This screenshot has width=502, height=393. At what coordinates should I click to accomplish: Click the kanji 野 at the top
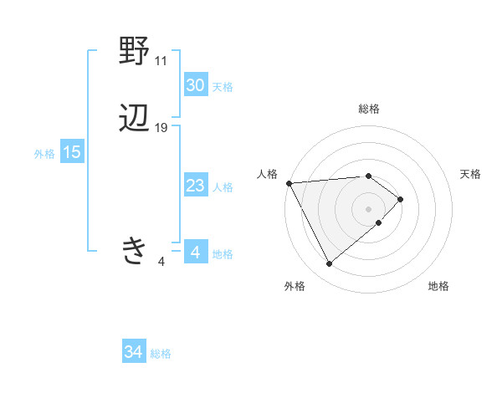click(135, 52)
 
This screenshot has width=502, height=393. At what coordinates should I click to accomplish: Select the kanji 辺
click(135, 119)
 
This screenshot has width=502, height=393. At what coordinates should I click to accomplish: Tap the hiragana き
click(135, 251)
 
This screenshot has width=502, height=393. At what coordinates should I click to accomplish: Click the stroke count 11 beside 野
click(161, 61)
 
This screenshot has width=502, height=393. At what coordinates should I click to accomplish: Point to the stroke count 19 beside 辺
click(161, 128)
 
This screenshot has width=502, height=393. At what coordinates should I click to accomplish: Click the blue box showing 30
click(195, 85)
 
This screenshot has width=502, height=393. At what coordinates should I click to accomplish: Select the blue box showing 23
click(195, 186)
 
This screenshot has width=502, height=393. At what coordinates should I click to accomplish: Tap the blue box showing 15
click(71, 152)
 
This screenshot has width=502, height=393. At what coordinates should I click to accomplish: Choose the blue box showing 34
click(133, 353)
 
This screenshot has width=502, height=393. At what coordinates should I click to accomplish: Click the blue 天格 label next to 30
click(223, 87)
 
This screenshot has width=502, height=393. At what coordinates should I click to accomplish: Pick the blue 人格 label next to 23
click(223, 187)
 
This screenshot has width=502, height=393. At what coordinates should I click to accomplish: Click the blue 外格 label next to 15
click(44, 154)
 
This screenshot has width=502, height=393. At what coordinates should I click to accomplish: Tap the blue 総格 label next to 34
click(161, 355)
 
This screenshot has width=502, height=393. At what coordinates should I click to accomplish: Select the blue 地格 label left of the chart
click(223, 254)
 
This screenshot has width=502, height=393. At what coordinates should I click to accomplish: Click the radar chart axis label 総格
click(369, 109)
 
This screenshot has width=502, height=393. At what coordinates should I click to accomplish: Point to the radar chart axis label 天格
click(470, 174)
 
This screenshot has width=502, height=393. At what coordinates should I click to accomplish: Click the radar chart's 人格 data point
click(289, 182)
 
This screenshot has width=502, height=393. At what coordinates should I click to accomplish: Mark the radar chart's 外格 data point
click(329, 264)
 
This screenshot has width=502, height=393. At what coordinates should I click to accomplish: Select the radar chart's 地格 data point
click(379, 222)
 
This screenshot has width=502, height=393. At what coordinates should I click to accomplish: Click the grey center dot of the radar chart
click(369, 208)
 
